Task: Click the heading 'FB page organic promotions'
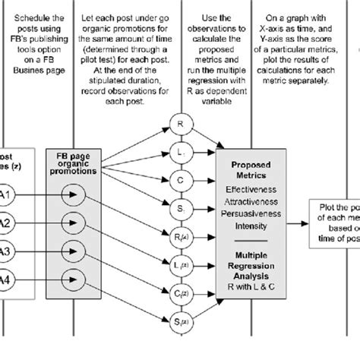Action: pyautogui.click(x=74, y=165)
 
